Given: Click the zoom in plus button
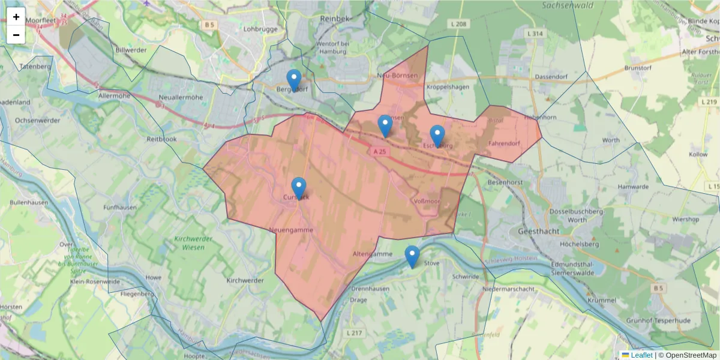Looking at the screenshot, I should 16,17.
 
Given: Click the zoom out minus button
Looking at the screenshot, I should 16,35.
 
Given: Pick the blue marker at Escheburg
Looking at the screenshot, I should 437,136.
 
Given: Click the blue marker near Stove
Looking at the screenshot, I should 412,256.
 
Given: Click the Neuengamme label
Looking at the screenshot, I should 291,230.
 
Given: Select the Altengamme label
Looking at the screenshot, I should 373,254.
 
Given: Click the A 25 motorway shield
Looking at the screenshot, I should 379,152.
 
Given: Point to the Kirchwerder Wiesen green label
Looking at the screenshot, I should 194,242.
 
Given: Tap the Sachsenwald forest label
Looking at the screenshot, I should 567,5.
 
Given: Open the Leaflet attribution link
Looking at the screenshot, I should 641,355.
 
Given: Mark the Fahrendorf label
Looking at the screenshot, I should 504,143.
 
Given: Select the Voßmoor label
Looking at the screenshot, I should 427,201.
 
